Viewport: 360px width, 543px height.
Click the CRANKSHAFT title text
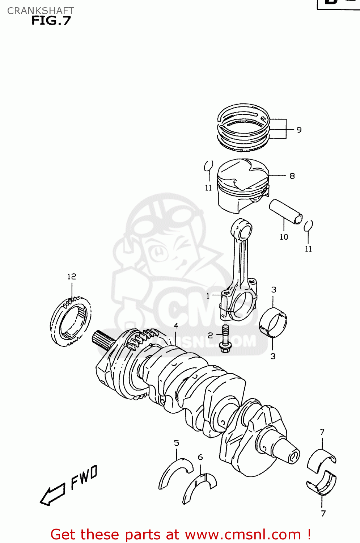(41, 11)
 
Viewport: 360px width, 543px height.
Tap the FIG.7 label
(51, 21)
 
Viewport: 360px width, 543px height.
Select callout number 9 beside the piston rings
(299, 130)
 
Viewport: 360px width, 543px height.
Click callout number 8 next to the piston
(292, 176)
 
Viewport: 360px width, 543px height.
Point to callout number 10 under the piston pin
(284, 237)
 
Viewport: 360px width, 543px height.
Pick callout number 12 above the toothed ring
(72, 277)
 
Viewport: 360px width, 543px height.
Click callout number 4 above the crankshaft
(176, 326)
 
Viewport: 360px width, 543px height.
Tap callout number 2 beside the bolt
(210, 336)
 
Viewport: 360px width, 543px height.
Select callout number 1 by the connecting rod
(208, 296)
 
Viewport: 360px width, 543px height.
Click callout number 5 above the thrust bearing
(177, 443)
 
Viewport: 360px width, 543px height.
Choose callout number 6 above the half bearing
(200, 457)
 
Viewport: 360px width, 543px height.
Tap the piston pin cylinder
(285, 212)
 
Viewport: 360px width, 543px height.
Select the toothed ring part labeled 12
(70, 321)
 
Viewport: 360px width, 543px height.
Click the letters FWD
(84, 477)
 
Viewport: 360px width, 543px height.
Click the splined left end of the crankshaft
(103, 340)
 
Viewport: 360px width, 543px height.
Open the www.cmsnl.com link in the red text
(243, 534)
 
